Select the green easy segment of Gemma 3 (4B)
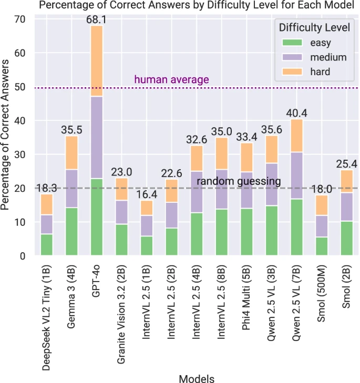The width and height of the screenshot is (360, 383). point(72,232)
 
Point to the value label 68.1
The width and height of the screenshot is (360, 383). point(97,19)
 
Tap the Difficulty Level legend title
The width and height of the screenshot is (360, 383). point(312,26)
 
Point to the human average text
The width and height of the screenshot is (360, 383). point(172,80)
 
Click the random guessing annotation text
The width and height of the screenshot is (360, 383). point(239,182)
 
